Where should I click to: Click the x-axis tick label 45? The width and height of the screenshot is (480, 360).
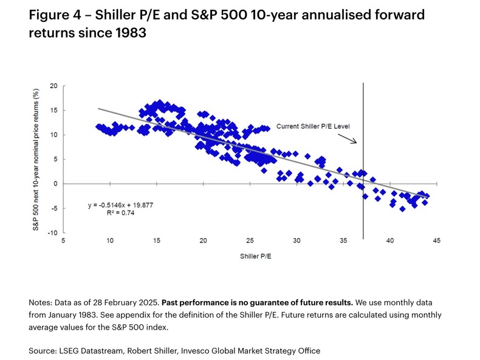tap(436, 241)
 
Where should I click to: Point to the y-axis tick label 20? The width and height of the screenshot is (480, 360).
tap(53, 86)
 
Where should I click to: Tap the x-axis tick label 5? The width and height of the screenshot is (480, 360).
tap(64, 241)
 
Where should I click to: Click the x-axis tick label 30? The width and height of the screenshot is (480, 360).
tap(297, 241)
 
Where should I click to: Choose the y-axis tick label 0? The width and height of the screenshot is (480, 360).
tap(55, 183)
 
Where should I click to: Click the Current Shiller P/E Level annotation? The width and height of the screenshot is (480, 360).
tap(314, 126)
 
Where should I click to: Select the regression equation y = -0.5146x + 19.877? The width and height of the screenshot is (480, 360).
tap(121, 205)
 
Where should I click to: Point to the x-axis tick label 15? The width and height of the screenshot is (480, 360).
tap(156, 241)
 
